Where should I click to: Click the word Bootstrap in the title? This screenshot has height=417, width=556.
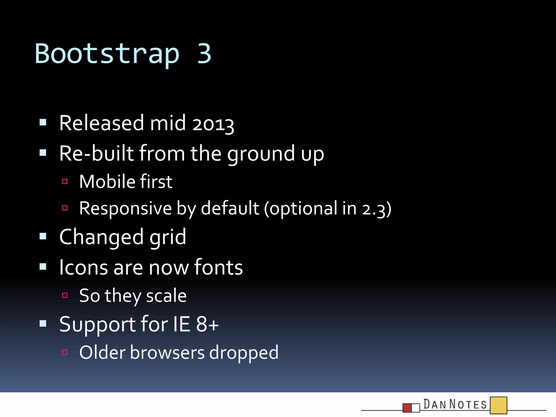click(x=107, y=54)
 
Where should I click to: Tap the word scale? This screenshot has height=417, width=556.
click(x=166, y=296)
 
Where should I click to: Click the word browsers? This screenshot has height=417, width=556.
click(x=167, y=352)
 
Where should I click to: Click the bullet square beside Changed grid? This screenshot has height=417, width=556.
click(x=43, y=237)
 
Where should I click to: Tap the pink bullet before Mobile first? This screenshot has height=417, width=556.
click(x=65, y=181)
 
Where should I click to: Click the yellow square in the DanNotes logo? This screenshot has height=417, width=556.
click(x=498, y=405)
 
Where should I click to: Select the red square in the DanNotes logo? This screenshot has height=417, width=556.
click(x=407, y=408)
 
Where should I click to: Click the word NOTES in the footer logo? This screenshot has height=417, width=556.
click(x=468, y=405)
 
